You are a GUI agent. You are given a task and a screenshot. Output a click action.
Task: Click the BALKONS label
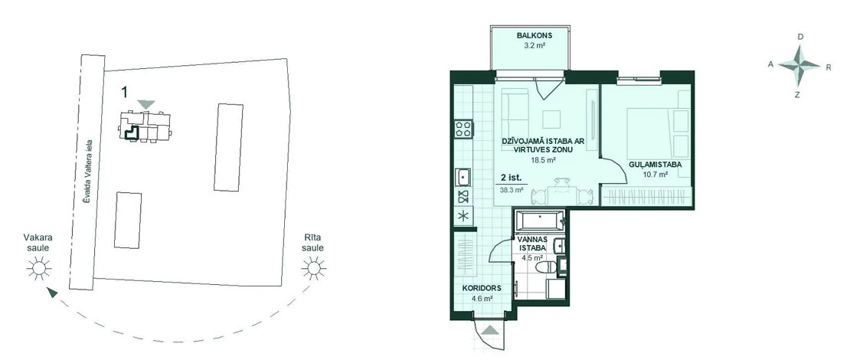pos(531,36)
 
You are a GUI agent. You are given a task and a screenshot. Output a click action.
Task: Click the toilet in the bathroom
pos(547,267)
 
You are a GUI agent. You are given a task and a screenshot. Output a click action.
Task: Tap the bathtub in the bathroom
pos(539,221)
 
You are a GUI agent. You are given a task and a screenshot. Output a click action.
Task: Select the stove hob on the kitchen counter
pos(464,129)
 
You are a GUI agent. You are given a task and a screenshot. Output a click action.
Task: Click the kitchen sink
pos(463,176)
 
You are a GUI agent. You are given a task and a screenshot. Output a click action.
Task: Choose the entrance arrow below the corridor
pos(490,329)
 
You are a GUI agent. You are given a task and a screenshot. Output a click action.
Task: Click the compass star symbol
pos(799,66)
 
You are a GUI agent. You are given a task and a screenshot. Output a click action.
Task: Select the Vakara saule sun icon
pos(39,268)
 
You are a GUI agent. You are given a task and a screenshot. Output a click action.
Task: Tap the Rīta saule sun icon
pos(312,268)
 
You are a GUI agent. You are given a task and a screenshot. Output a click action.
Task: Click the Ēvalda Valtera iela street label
pos(87,170)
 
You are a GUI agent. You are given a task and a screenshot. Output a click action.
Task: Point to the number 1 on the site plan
pos(124,92)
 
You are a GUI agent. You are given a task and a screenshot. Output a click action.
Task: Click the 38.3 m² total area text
pos(512,190)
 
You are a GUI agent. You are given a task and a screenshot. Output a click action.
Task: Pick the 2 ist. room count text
pos(510,177)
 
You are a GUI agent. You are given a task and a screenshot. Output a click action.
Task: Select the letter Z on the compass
pos(797,95)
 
